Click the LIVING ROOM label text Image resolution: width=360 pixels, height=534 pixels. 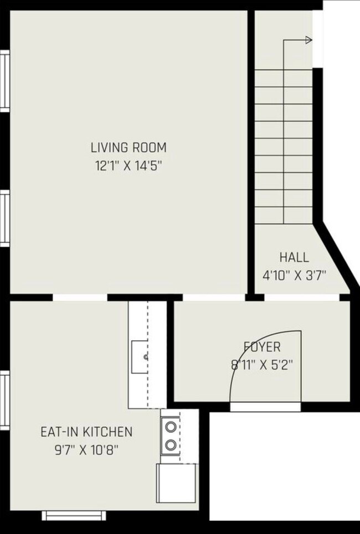[128, 148]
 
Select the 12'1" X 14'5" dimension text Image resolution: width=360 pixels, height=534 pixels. [128, 165]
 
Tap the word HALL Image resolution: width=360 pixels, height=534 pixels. [294, 257]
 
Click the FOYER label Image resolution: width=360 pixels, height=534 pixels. [262, 347]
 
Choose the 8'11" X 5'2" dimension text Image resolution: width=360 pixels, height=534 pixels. [262, 365]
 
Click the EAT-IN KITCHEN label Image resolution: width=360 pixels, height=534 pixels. [86, 431]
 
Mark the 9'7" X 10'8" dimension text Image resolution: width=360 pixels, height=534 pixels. [86, 449]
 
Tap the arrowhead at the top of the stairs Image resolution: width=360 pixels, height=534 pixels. [308, 40]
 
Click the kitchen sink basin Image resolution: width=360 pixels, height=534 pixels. [140, 357]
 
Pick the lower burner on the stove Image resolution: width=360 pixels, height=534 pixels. [171, 444]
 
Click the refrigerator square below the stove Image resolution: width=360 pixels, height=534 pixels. [176, 483]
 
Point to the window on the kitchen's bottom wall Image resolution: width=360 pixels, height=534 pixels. [66, 516]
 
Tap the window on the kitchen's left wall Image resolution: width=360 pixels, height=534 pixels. [4, 400]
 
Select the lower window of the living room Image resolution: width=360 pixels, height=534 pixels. [4, 217]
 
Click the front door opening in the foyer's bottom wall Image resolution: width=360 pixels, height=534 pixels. [265, 407]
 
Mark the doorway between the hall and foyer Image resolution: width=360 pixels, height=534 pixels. [301, 297]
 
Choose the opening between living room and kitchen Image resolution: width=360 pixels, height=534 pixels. [80, 297]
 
